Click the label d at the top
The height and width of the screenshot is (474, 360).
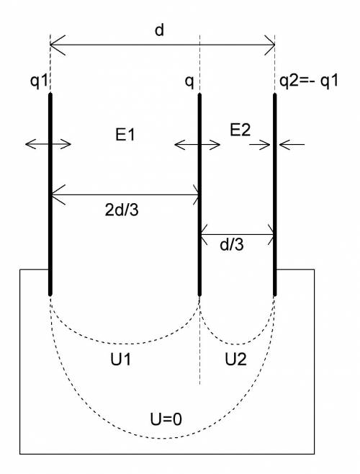tap(159, 30)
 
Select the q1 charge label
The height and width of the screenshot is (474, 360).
tap(39, 81)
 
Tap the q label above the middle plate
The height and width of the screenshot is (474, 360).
tap(189, 82)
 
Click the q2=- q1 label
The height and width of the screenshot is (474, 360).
tap(308, 81)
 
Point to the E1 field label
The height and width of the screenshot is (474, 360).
tap(125, 135)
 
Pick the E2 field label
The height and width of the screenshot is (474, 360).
tap(240, 130)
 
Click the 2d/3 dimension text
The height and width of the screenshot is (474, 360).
tap(122, 210)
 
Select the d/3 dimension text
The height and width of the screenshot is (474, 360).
tap(232, 244)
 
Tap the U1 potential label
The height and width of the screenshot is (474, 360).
tap(121, 359)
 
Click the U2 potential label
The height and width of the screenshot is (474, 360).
tap(235, 359)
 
